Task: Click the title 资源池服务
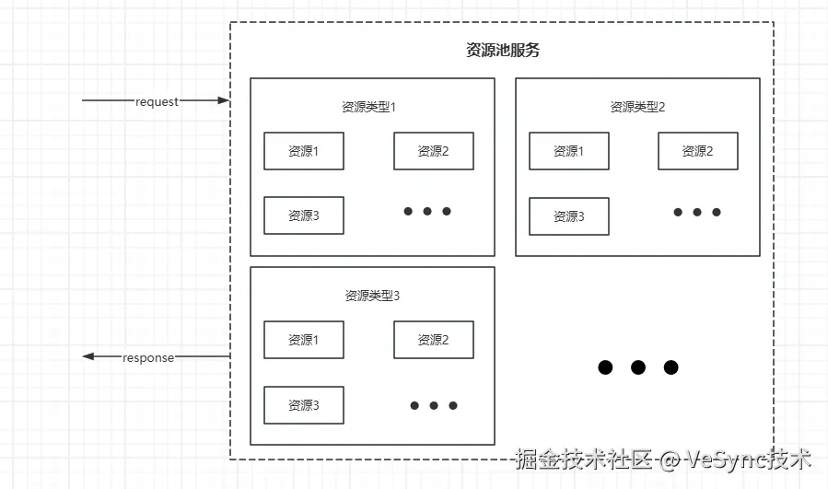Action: (x=502, y=51)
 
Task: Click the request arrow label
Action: (x=157, y=101)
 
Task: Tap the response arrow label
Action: (x=148, y=357)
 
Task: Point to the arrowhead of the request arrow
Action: (x=223, y=100)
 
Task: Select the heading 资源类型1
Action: (x=368, y=107)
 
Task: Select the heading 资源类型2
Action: (x=637, y=107)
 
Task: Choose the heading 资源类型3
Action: (x=372, y=296)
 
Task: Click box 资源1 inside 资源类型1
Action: (x=304, y=151)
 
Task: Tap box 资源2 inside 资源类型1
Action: (x=434, y=151)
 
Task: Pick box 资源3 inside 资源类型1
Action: (x=304, y=215)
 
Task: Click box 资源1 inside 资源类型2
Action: (x=569, y=151)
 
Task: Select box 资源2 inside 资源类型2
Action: (x=698, y=151)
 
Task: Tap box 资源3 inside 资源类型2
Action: (x=569, y=216)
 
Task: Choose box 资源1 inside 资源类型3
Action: (x=304, y=340)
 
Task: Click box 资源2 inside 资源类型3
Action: (x=434, y=340)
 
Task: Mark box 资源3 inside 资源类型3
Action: (x=304, y=405)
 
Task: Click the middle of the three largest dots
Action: (x=637, y=367)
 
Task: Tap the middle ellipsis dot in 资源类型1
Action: (x=427, y=212)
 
